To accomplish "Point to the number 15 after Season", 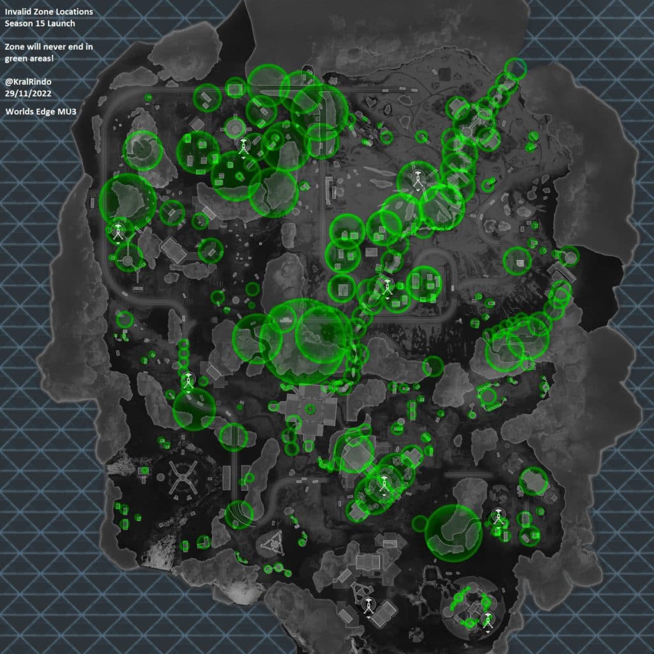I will pyautogui.click(x=42, y=24).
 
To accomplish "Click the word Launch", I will pyautogui.click(x=63, y=24).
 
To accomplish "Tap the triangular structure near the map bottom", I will pyautogui.click(x=271, y=544).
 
